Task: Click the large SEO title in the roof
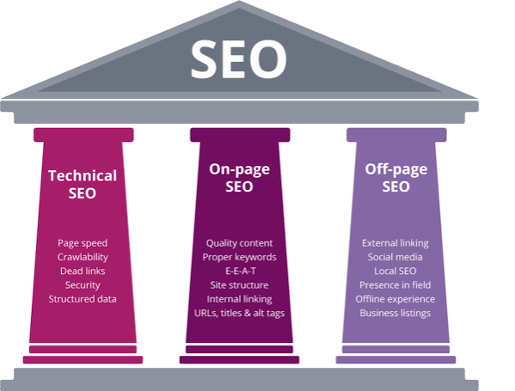pos(239,59)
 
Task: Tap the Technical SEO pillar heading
pos(83,185)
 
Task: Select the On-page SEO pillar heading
pos(239,178)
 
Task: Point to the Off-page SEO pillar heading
pos(396,178)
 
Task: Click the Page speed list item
pos(83,243)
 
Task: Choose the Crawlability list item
pos(83,257)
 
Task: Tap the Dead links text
pos(83,272)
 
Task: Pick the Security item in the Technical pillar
pos(83,285)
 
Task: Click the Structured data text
pos(83,299)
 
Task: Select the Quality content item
pos(239,243)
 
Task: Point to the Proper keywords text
pos(239,257)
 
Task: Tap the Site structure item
pos(239,285)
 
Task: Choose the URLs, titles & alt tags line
pos(239,313)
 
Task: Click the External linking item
pos(395,243)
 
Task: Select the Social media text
pos(395,257)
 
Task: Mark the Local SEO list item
pos(395,272)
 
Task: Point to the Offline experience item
pos(395,299)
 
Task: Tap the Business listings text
pos(395,313)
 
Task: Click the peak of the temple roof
pos(239,1)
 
